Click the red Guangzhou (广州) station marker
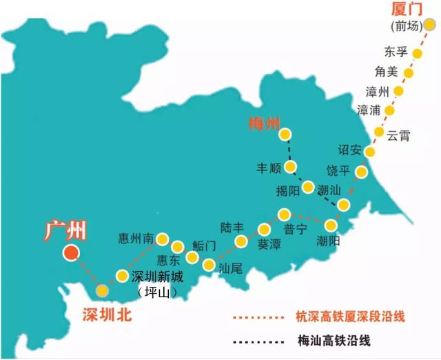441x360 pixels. tap(70, 253)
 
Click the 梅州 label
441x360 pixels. tap(265, 125)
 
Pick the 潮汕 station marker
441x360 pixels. tap(343, 203)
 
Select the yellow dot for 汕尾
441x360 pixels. tap(209, 264)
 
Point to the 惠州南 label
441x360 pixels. tap(134, 239)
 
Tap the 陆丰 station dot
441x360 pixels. tap(241, 241)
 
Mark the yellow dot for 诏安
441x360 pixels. tap(369, 152)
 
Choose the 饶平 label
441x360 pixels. tap(340, 170)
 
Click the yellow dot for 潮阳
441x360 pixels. tap(332, 226)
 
